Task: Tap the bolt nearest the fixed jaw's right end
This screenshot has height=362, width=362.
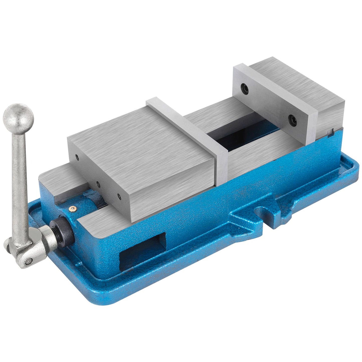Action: [x=292, y=120]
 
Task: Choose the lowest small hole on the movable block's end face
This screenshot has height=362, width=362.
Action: [x=119, y=197]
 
